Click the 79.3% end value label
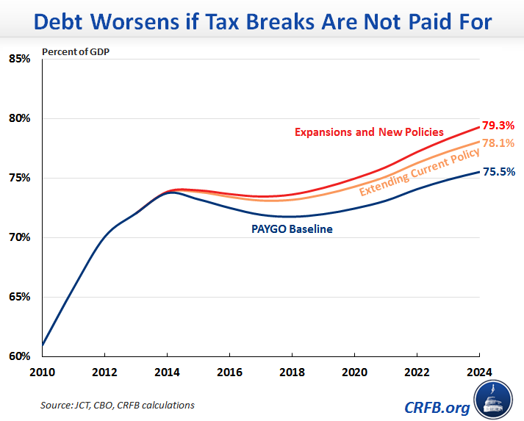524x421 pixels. click(498, 126)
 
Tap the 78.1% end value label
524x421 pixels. click(498, 143)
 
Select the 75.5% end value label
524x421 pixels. click(498, 172)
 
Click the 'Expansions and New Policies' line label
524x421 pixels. click(369, 132)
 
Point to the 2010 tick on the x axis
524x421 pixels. click(43, 373)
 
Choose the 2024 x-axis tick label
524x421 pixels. click(478, 373)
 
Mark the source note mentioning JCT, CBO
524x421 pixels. click(118, 405)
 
